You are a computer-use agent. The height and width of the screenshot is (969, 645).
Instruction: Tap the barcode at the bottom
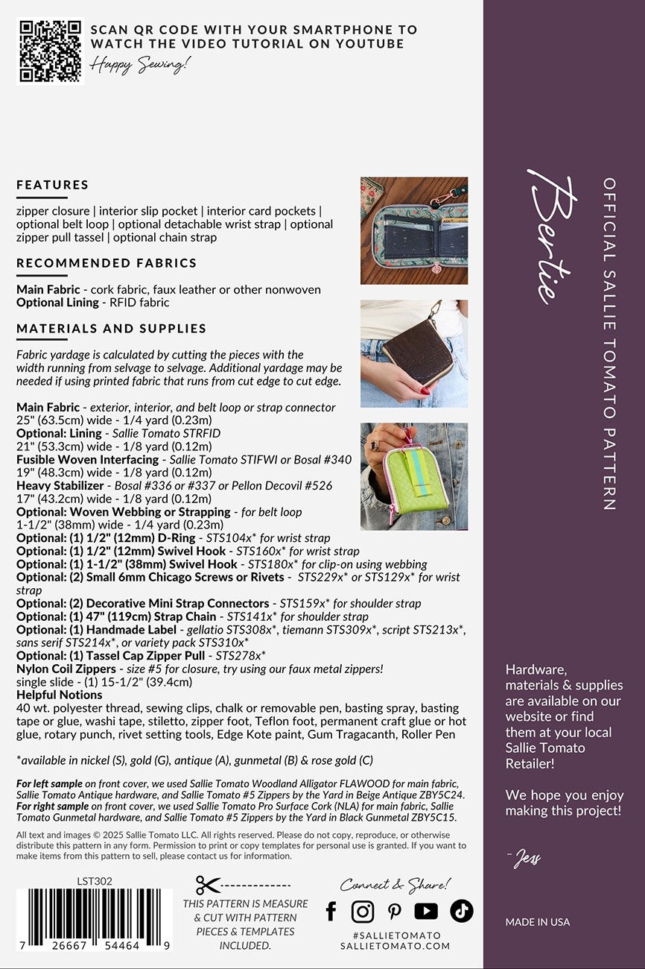pos(95,918)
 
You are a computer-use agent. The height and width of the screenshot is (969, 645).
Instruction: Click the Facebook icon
pos(331,911)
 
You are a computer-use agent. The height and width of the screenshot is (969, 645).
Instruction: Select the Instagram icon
pos(363,911)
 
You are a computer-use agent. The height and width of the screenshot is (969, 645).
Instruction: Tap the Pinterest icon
pos(394,911)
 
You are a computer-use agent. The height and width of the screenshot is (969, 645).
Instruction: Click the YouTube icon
pos(426,911)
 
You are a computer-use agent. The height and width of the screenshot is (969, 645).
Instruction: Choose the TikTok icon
pos(461,911)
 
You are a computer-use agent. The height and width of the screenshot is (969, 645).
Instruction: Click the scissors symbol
pos(209,885)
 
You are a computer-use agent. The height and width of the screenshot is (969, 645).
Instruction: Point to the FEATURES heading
pos(53,185)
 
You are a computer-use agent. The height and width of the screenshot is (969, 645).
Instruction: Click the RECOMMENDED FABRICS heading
pos(107,263)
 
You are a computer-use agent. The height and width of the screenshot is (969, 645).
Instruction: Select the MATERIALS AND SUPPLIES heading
pos(112,329)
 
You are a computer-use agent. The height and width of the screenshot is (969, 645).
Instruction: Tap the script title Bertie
pos(553,237)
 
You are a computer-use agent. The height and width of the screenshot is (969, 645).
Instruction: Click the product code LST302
pos(95,881)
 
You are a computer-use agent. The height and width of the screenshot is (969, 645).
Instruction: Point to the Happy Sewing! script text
pos(140,65)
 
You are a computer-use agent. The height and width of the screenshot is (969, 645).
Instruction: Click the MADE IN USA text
pos(537,922)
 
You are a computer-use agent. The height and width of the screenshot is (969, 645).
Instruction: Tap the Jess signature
pos(527,859)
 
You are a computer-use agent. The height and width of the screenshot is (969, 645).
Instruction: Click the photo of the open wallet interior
pos(414,230)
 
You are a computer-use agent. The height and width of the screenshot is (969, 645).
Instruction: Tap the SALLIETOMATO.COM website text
pos(395,946)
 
